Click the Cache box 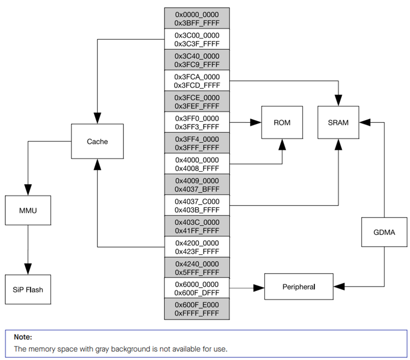tap(97, 141)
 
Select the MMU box tap(28, 210)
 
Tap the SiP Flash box tap(28, 290)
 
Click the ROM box tap(282, 123)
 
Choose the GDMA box tap(384, 232)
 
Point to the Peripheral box tap(299, 287)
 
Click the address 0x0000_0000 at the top tap(197, 14)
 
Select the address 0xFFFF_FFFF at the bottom tap(197, 314)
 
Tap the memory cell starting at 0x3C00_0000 tap(197, 39)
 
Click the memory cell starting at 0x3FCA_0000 tap(197, 81)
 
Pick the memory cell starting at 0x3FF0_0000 tap(197, 122)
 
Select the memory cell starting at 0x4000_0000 tap(197, 164)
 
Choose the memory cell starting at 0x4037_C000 tap(197, 206)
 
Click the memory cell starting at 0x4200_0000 tap(197, 247)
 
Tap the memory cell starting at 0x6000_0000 tap(197, 288)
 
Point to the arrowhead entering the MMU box tap(28, 191)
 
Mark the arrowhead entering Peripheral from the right tap(339, 287)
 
